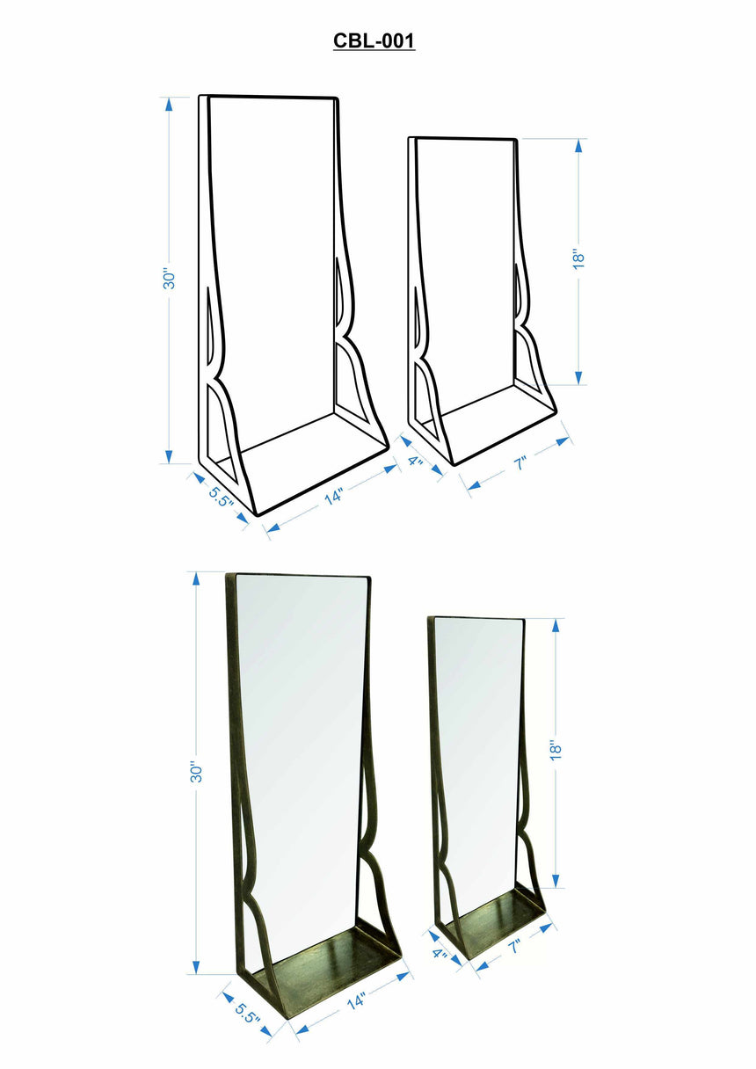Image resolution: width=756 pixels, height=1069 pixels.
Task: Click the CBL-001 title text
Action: [x=374, y=40]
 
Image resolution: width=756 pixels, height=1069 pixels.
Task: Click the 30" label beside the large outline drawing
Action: [x=171, y=278]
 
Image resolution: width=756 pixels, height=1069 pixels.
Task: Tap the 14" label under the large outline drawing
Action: [x=333, y=498]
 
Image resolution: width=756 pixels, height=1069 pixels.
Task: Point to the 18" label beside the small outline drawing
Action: [x=578, y=258]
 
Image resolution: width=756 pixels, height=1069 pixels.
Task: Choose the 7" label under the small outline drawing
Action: [x=520, y=463]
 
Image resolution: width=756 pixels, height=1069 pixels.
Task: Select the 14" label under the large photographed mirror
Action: [x=355, y=1000]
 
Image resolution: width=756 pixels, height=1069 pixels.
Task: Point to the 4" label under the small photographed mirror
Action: [x=440, y=954]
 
